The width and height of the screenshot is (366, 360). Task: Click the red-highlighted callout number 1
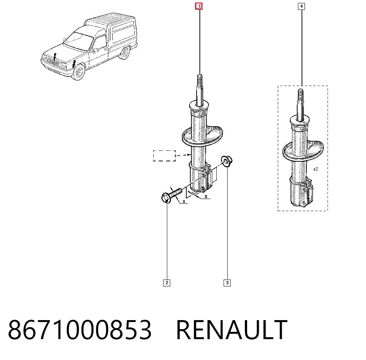[x=199, y=6]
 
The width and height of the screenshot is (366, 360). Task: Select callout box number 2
[x=167, y=283]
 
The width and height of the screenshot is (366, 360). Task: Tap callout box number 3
[x=227, y=283]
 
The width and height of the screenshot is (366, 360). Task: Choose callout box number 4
[x=301, y=6]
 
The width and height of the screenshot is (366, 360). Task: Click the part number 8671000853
[x=80, y=330]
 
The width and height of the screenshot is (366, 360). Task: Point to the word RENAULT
[x=232, y=330]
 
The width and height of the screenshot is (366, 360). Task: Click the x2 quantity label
[x=315, y=169]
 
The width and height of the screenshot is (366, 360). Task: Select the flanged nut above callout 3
[x=227, y=161]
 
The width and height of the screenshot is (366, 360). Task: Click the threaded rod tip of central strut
[x=199, y=78]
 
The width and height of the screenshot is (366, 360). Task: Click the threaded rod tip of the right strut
[x=300, y=93]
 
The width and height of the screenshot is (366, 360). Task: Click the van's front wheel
[x=79, y=72]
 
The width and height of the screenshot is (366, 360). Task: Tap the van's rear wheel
[x=124, y=53]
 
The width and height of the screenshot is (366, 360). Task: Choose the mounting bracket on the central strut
[x=206, y=179]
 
